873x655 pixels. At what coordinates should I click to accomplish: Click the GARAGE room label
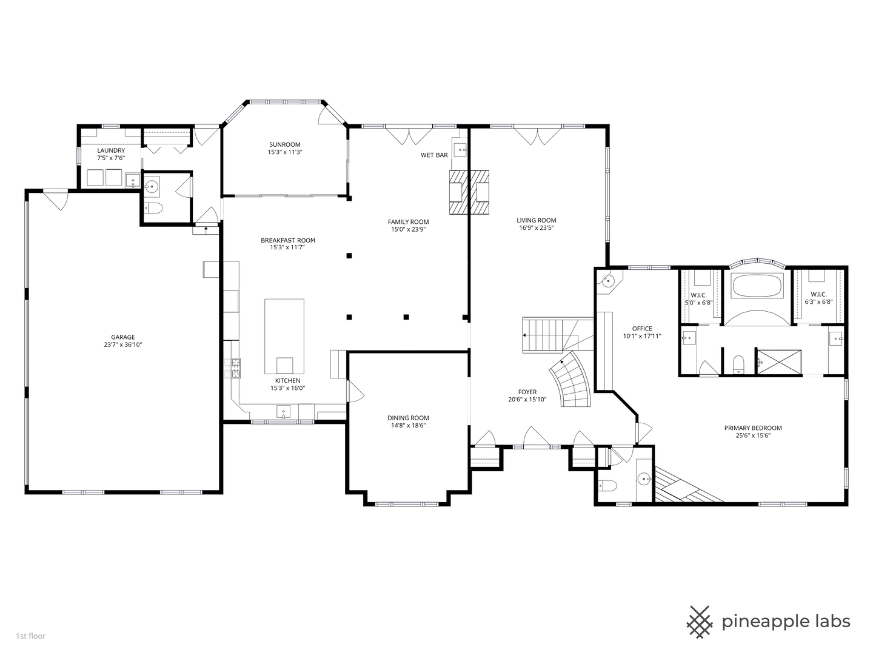(x=122, y=337)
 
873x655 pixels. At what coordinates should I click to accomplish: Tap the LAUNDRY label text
(x=111, y=150)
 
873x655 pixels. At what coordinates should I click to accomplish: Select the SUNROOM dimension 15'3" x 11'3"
(x=284, y=152)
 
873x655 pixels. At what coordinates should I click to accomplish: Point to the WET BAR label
(x=434, y=155)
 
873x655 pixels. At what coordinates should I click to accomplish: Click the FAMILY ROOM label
(x=408, y=222)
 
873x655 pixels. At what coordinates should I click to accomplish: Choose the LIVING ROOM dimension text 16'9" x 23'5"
(x=536, y=228)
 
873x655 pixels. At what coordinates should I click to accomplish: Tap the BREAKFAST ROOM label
(x=288, y=240)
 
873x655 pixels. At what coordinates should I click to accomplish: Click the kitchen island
(x=284, y=337)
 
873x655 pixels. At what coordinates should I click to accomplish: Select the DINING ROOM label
(x=408, y=418)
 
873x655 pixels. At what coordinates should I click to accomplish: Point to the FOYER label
(x=527, y=392)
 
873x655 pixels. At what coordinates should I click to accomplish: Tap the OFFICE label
(x=642, y=329)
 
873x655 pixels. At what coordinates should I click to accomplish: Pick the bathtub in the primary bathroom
(x=757, y=286)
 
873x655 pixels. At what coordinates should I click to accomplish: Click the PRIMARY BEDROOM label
(x=753, y=428)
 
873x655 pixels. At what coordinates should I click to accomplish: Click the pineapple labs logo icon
(x=701, y=622)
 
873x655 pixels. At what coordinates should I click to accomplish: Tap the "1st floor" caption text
(x=30, y=636)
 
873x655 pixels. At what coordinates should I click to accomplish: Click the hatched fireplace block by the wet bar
(x=469, y=192)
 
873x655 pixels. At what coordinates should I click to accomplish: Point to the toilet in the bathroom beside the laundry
(x=154, y=209)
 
